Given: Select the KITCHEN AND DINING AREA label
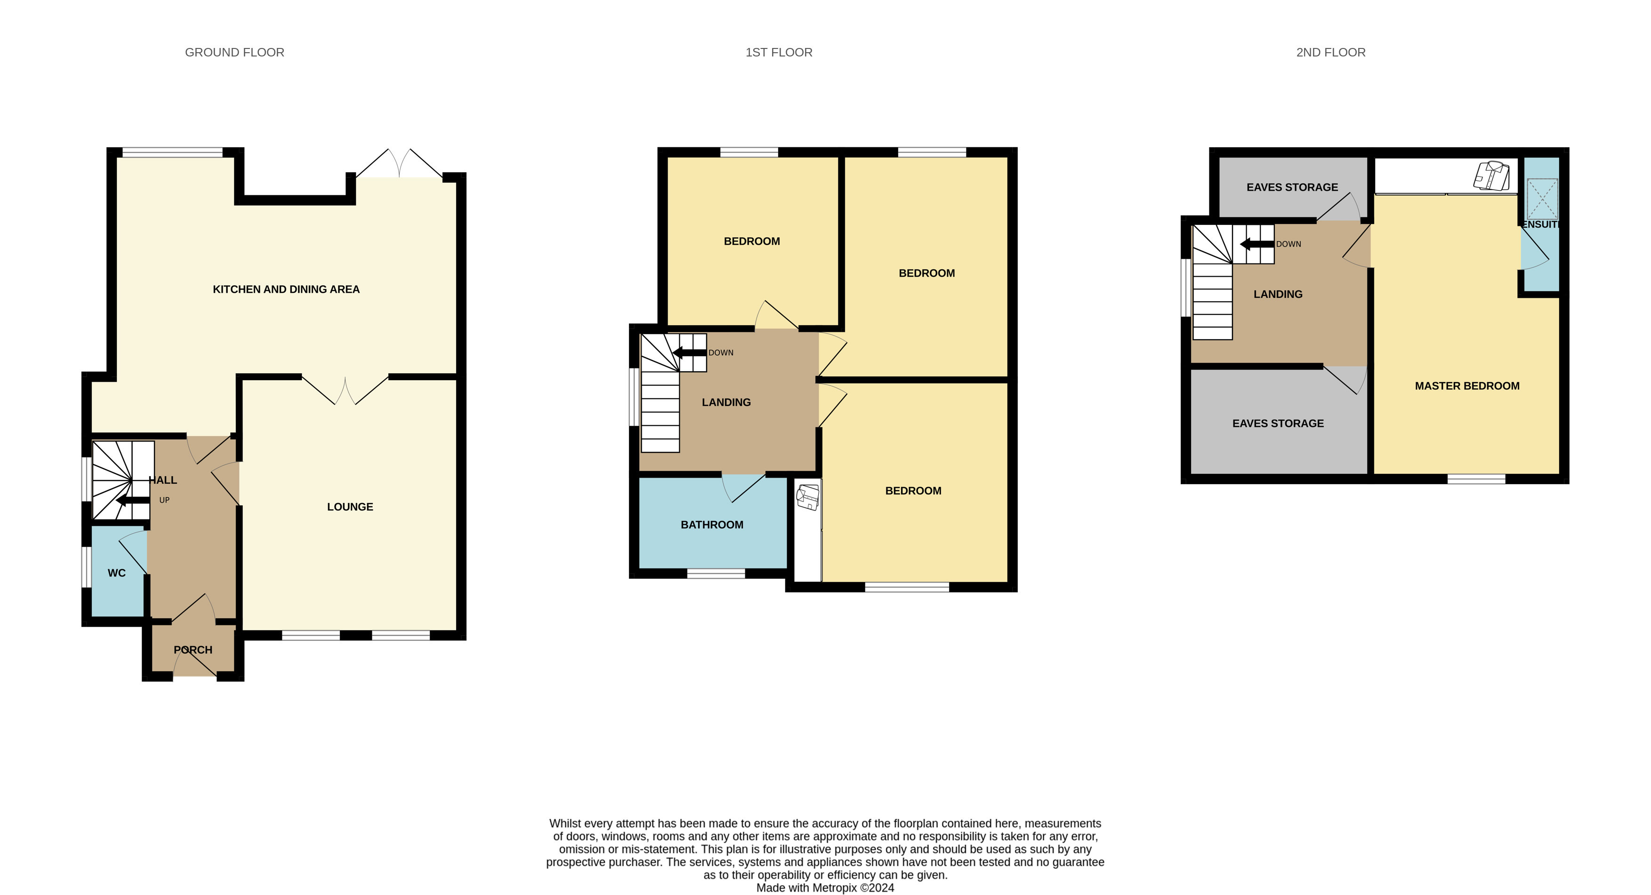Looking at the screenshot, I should (286, 289).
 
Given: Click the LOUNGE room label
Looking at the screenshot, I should (350, 507).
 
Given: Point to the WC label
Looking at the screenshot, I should (117, 573).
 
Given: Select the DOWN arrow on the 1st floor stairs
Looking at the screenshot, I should (689, 352).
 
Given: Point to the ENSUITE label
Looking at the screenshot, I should (1539, 225).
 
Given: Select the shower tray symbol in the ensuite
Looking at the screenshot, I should (1542, 199).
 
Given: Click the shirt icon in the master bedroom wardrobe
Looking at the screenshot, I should (1492, 175).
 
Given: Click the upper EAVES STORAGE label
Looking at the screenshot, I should (1292, 187).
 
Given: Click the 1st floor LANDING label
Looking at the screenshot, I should (726, 402).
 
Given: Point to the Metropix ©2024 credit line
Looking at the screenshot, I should (825, 888).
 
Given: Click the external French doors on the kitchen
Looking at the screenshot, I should (399, 165).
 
